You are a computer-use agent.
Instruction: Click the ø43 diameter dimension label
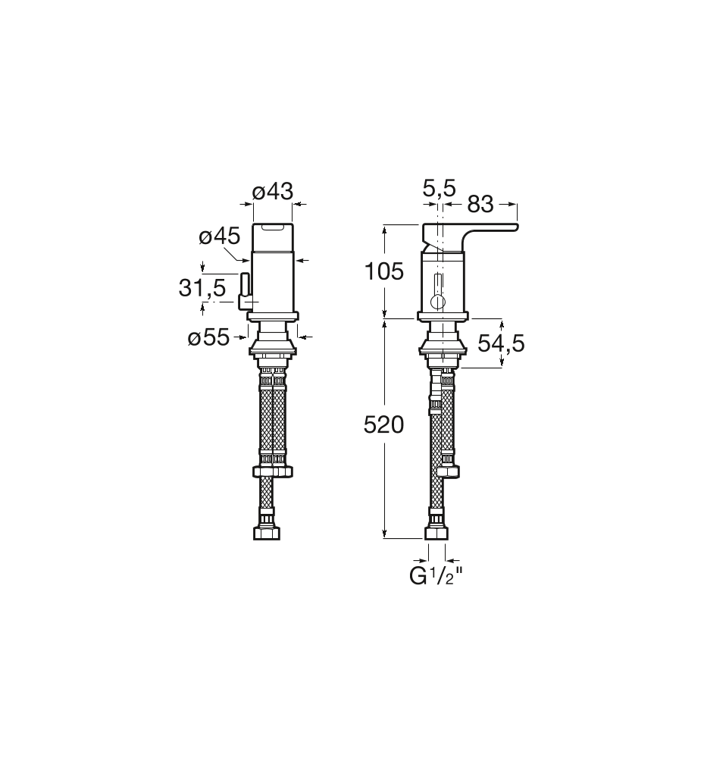click(x=273, y=191)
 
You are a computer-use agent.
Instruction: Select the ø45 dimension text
click(x=220, y=236)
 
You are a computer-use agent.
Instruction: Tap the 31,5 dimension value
click(x=202, y=288)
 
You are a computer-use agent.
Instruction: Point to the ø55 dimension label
click(x=208, y=337)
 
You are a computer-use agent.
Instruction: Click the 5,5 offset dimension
click(x=439, y=189)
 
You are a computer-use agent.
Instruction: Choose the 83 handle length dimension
click(x=480, y=205)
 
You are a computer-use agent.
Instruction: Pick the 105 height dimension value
click(x=384, y=271)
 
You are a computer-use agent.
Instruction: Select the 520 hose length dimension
click(x=384, y=425)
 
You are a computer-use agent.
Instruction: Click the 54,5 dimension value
click(x=501, y=343)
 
